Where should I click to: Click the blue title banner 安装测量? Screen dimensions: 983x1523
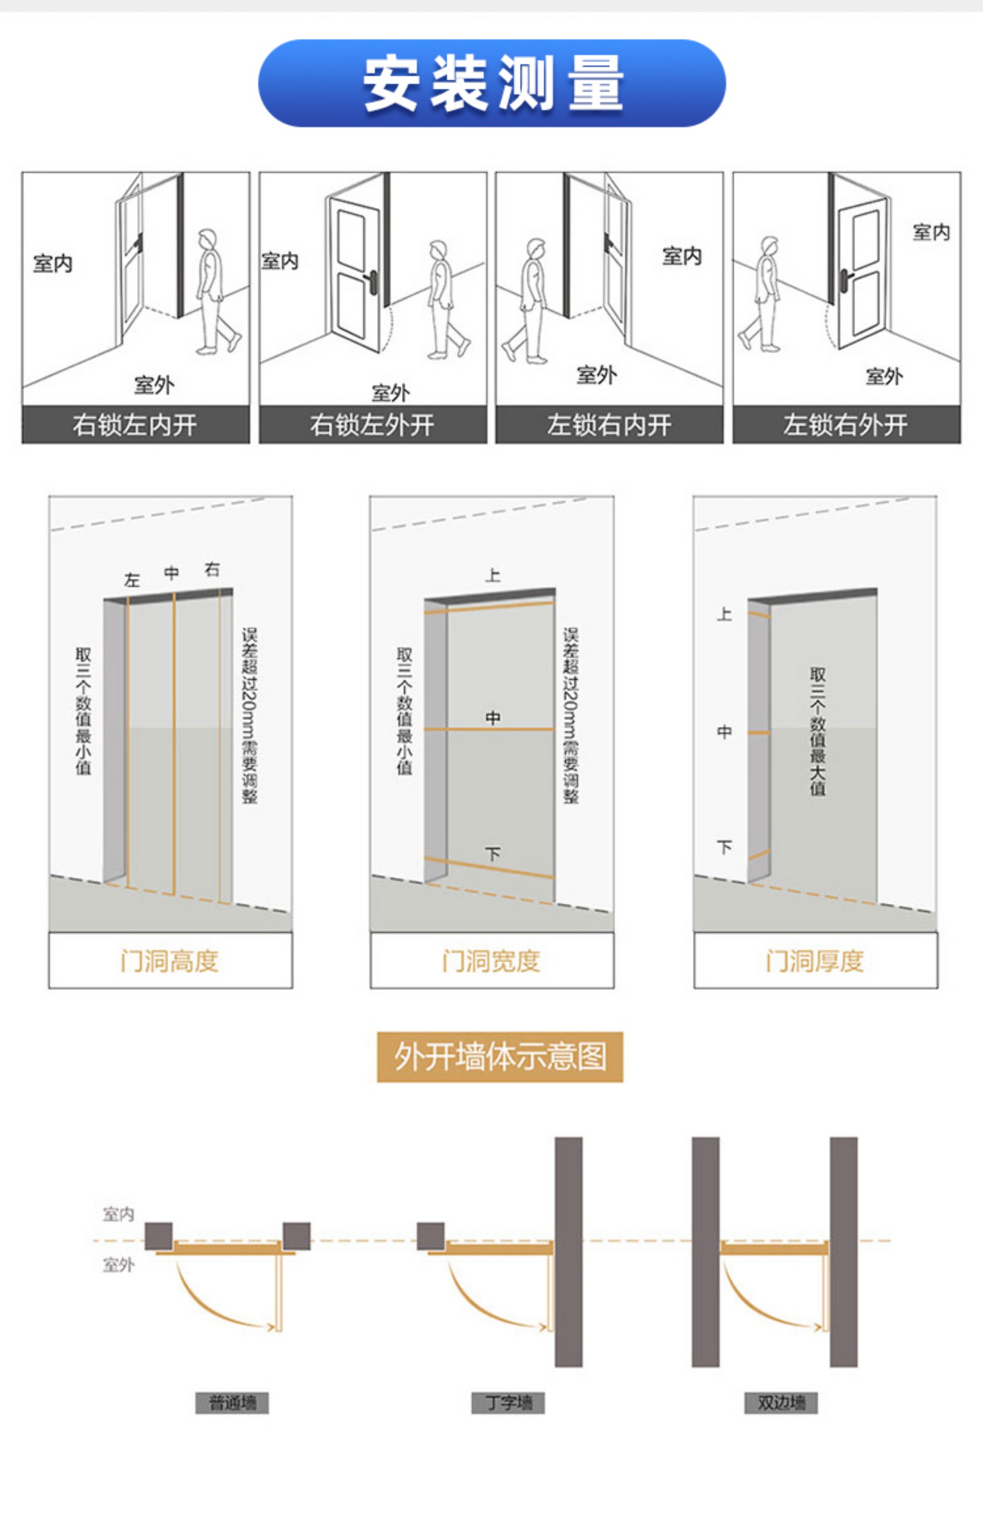coord(491,83)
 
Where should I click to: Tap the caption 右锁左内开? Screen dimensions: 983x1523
coord(135,425)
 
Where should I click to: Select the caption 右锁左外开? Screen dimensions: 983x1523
coord(372,425)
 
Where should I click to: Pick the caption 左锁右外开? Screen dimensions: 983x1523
coord(846,425)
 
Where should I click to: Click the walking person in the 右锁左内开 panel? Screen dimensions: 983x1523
coord(214,291)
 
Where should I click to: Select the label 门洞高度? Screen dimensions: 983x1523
coord(170,961)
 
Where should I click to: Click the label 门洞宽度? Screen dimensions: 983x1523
coord(491,961)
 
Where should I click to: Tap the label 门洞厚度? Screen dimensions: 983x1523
coord(815,961)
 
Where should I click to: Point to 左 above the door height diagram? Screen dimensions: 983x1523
coord(132,580)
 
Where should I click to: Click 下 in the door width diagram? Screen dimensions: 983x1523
coord(493,854)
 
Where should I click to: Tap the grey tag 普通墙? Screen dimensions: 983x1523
coord(232,1403)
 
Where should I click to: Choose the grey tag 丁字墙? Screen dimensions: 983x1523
coord(508,1403)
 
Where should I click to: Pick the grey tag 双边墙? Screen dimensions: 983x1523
coord(781,1403)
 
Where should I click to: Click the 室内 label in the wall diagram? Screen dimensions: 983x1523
coord(119,1214)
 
